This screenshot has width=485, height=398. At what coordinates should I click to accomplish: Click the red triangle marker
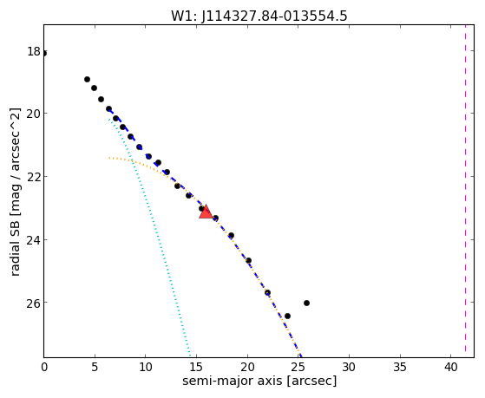[x=206, y=212]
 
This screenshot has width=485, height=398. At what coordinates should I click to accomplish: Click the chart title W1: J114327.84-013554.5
[x=259, y=16]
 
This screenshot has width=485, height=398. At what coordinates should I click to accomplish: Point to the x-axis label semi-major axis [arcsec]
[x=259, y=381]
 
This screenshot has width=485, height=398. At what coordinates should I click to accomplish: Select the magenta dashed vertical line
[x=465, y=191]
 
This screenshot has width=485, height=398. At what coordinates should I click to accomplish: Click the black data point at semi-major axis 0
[x=44, y=54]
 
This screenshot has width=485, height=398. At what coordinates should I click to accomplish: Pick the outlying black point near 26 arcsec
[x=306, y=303]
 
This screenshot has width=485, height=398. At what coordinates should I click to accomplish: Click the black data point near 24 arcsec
[x=287, y=316]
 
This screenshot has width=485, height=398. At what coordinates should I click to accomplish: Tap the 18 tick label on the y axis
[x=34, y=51]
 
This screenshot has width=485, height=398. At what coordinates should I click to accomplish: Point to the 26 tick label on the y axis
[x=33, y=303]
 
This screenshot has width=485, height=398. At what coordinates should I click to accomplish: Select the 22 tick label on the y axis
[x=33, y=177]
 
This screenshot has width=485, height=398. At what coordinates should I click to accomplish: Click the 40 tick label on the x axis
[x=450, y=368]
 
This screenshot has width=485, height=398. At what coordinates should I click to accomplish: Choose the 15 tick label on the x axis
[x=196, y=368]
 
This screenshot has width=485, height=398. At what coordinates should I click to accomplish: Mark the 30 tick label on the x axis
[x=349, y=368]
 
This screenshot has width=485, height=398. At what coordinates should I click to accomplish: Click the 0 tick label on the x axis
[x=44, y=368]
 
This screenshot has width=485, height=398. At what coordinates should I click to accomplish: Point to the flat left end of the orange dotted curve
[x=109, y=158]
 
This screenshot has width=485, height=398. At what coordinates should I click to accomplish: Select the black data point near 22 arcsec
[x=267, y=292]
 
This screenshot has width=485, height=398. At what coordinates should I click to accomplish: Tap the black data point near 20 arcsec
[x=248, y=260]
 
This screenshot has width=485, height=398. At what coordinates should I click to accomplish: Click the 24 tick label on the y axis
[x=33, y=240]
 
